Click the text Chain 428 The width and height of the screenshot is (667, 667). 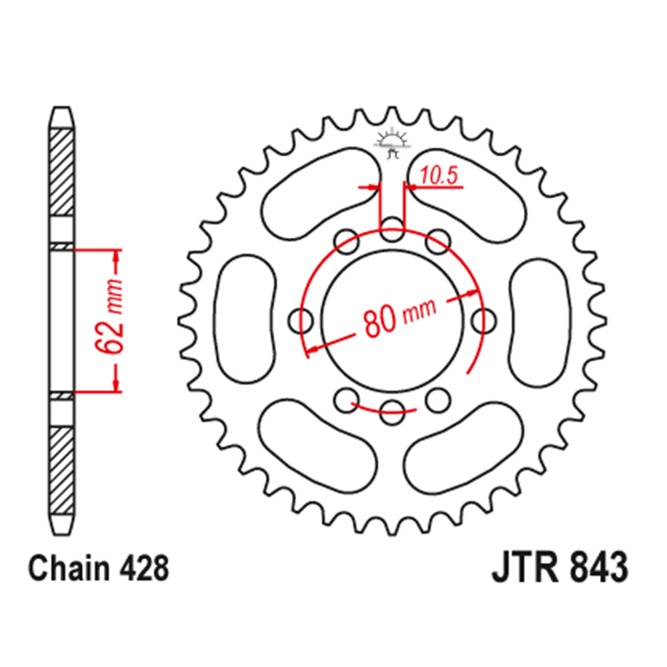pos(98,570)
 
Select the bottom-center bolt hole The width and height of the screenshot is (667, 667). pos(393,409)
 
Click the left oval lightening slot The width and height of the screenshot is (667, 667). pos(246,317)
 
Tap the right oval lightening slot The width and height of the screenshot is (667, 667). pos(540,317)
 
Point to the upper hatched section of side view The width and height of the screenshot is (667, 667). pos(61,170)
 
